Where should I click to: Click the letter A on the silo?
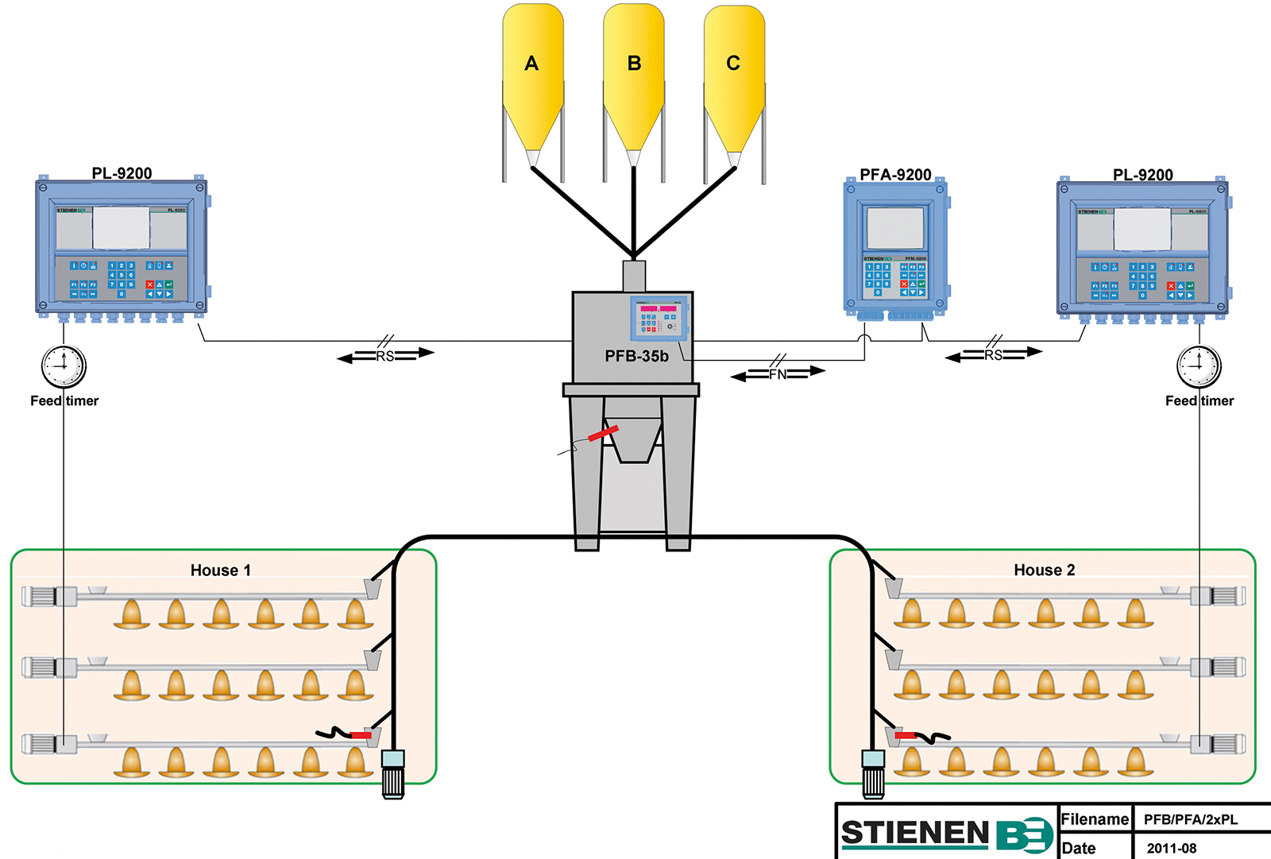pyautogui.click(x=531, y=64)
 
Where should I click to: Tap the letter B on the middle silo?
pyautogui.click(x=634, y=64)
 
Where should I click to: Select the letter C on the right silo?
pyautogui.click(x=733, y=64)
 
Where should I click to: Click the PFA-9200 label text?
pyautogui.click(x=895, y=175)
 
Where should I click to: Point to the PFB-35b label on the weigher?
pyautogui.click(x=636, y=357)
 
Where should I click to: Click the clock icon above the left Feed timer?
pyautogui.click(x=64, y=366)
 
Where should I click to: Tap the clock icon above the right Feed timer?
pyautogui.click(x=1199, y=366)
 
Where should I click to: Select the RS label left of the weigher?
pyautogui.click(x=385, y=356)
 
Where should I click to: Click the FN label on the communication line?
pyautogui.click(x=778, y=373)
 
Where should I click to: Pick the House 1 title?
pyautogui.click(x=221, y=571)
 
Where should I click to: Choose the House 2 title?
pyautogui.click(x=1044, y=571)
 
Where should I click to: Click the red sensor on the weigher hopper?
pyautogui.click(x=603, y=434)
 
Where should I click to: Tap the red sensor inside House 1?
pyautogui.click(x=360, y=735)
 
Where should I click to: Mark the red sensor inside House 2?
pyautogui.click(x=906, y=736)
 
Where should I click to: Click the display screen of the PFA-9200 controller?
pyautogui.click(x=895, y=228)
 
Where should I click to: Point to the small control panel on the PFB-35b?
pyautogui.click(x=659, y=318)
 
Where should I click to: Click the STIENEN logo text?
pyautogui.click(x=914, y=833)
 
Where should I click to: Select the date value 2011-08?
pyautogui.click(x=1172, y=848)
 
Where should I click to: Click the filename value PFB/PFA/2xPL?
pyautogui.click(x=1190, y=819)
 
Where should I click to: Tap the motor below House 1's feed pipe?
pyautogui.click(x=393, y=774)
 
